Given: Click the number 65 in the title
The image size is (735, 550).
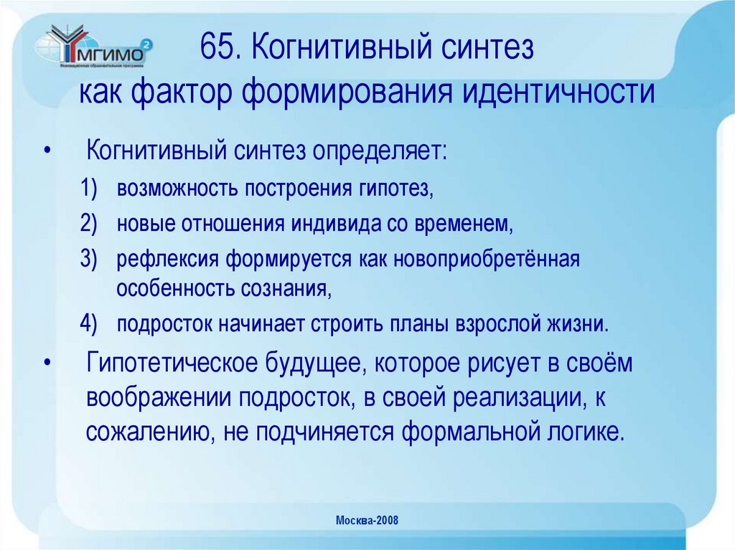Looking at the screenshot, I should click(217, 49).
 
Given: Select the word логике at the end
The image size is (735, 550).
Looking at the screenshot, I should click(580, 432).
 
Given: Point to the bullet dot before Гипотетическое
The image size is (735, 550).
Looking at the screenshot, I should click(47, 363).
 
